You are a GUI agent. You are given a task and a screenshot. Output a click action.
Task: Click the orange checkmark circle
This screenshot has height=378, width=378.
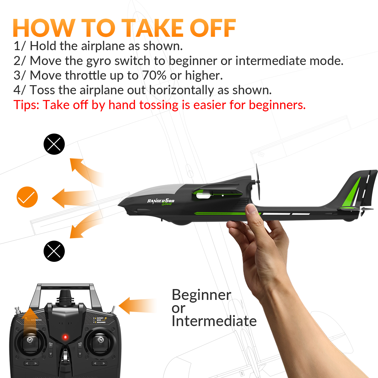pos(27,197)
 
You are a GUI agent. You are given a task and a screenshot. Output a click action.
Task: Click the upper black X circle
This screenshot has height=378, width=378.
pos(54,144)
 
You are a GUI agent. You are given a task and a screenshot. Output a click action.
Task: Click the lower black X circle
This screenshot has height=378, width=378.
pos(54,251)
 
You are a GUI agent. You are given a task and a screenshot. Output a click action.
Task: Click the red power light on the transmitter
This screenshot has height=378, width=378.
pos(65,337)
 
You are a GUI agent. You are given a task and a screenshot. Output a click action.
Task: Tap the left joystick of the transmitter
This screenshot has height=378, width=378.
pos(30,340)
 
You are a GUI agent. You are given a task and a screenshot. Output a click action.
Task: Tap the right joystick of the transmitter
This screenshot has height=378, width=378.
pos(101,340)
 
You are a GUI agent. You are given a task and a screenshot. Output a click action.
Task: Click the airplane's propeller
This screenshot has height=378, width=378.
pos(258,182)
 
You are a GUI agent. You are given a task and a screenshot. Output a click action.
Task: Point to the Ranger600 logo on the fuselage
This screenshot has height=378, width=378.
pos(161,201)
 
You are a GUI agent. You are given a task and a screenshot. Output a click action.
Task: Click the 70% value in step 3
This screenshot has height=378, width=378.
pos(154,75)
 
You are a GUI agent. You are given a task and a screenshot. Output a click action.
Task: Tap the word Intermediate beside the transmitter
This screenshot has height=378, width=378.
pos(214,321)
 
